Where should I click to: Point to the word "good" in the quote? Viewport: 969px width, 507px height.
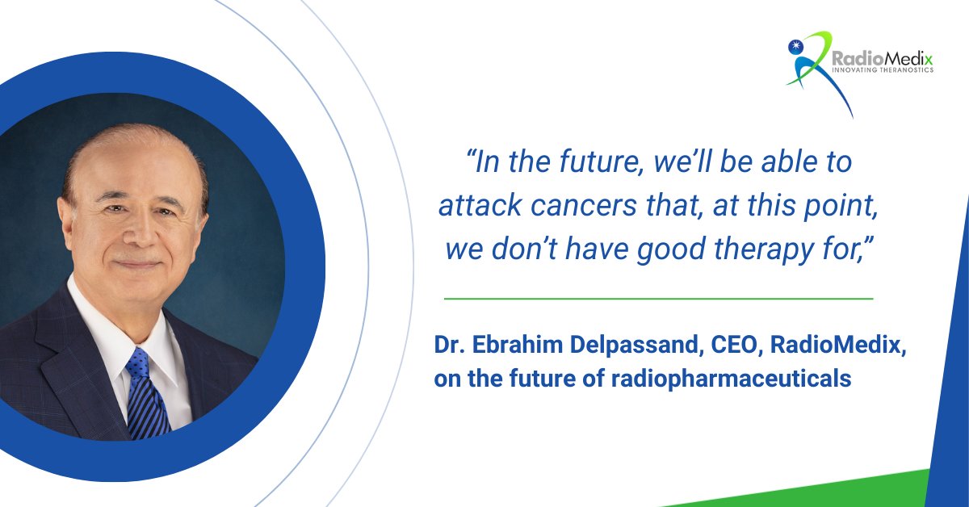point(664,249)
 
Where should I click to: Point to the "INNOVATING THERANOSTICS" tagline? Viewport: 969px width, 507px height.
point(882,71)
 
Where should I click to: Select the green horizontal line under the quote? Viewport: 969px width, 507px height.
point(658,299)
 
